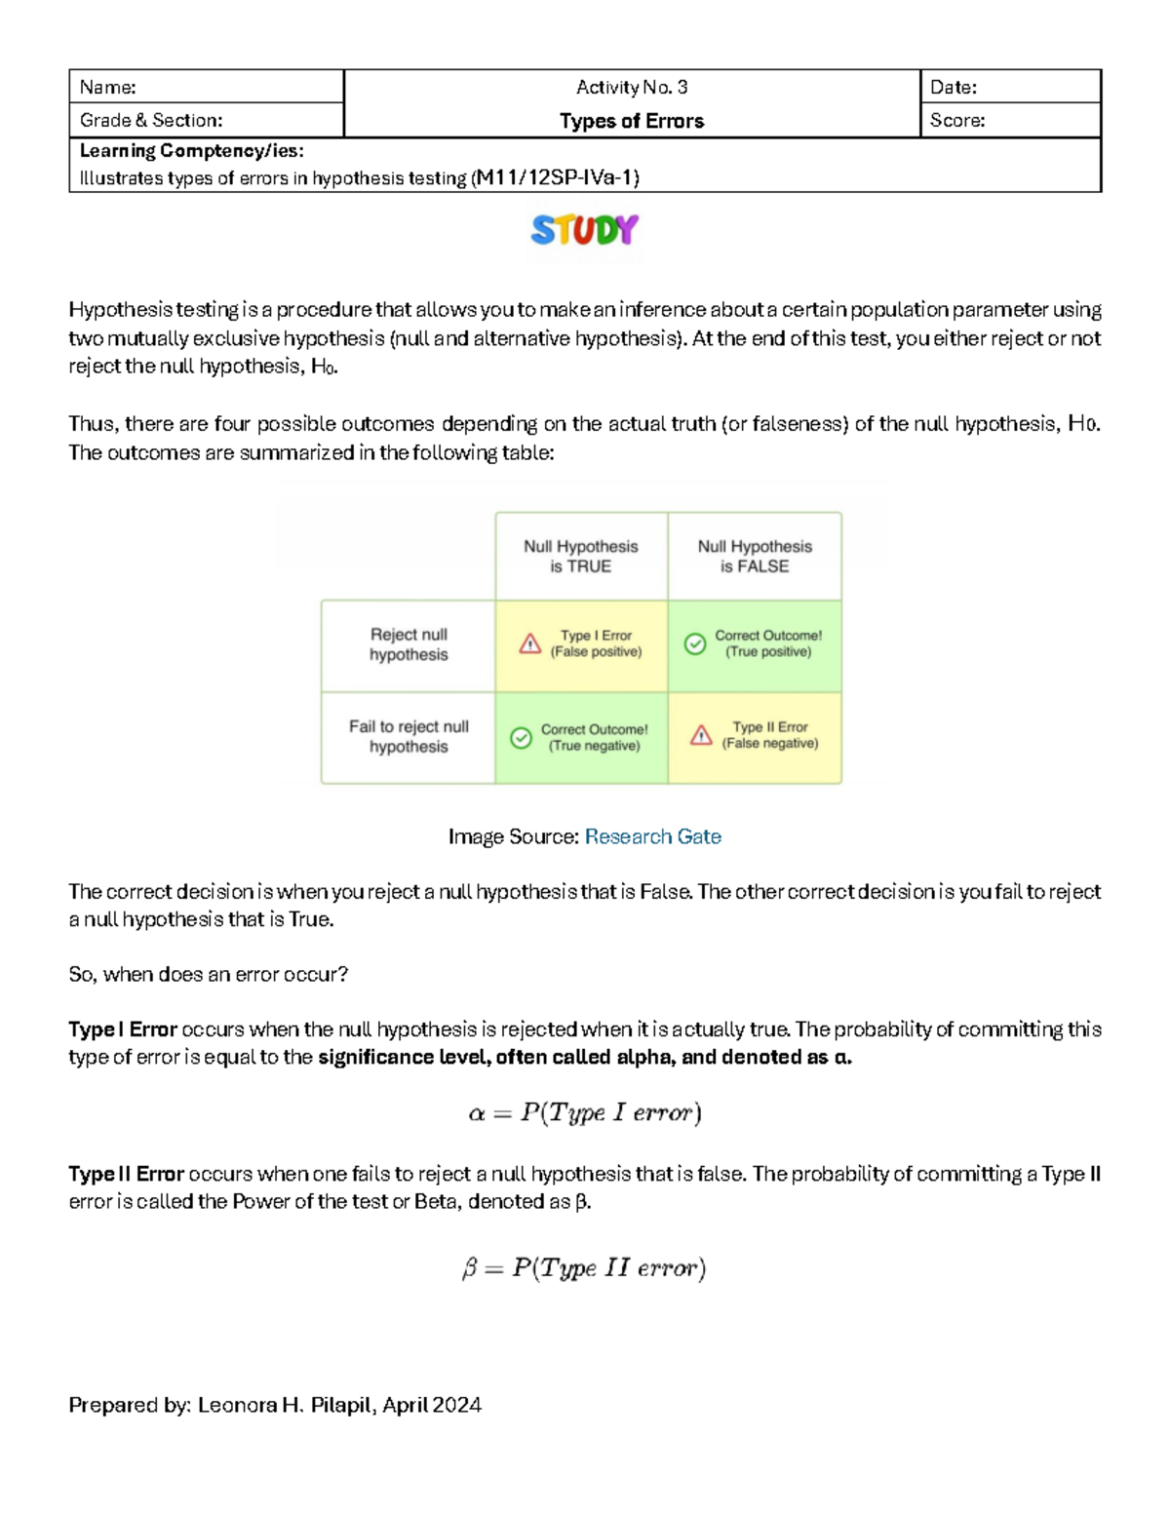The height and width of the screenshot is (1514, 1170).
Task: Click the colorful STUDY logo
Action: coord(585,230)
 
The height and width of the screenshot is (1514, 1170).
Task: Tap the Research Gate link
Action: coord(652,836)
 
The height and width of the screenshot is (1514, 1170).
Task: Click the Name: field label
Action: coord(108,87)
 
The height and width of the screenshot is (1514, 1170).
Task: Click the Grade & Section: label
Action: coord(151,120)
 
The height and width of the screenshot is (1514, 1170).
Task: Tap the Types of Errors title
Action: coord(632,121)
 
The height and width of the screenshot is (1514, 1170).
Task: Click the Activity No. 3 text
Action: coord(632,87)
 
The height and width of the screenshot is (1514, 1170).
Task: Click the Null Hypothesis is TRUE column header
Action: coord(581,556)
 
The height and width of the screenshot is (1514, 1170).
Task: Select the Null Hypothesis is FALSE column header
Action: coord(755,556)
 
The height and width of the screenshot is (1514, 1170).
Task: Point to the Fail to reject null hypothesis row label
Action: coord(409,736)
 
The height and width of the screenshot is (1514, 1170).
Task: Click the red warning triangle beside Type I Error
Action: coord(530,643)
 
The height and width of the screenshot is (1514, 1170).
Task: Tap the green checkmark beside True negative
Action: coord(522,738)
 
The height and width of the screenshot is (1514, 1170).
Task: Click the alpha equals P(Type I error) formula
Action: coord(585,1112)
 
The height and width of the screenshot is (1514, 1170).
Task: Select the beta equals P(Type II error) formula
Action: coord(584,1267)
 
